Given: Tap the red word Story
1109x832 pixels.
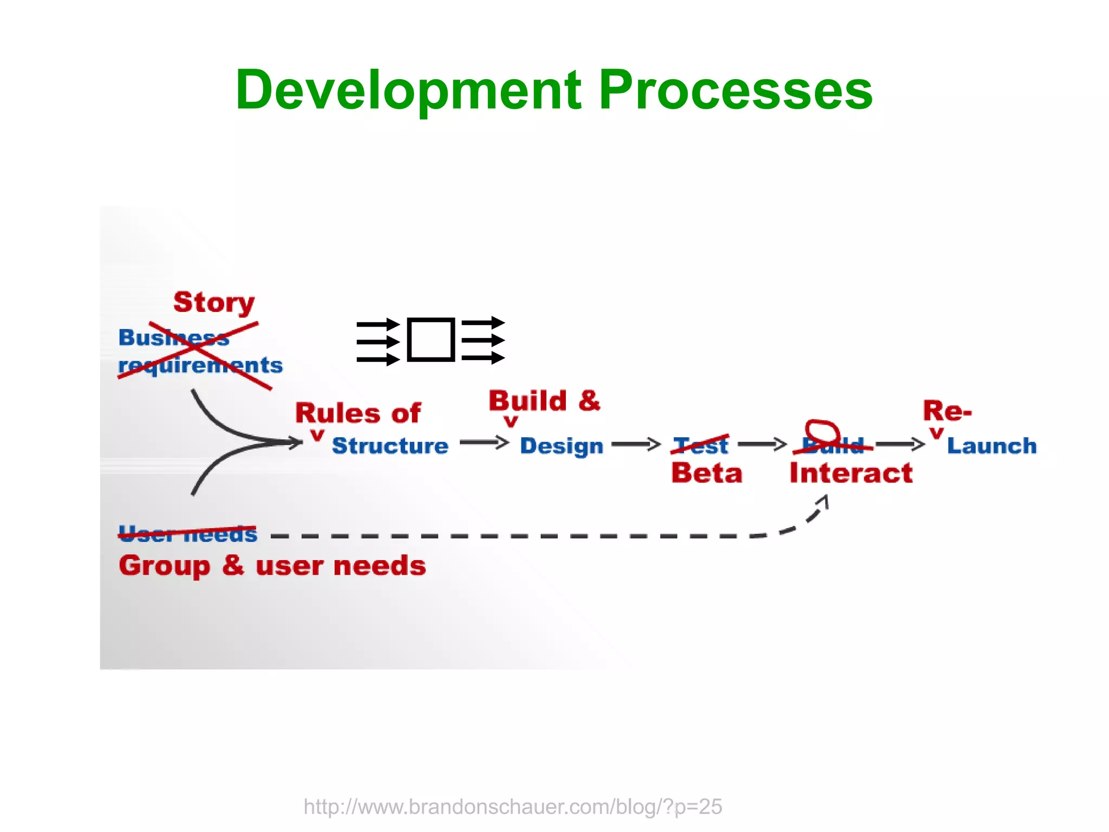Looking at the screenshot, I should point(214,302).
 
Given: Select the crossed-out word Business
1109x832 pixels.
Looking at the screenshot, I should point(173,337).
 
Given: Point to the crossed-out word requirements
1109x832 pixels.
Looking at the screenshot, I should point(200,366).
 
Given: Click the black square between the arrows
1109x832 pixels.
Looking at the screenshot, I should point(430,340).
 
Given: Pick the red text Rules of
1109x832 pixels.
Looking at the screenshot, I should point(358,413).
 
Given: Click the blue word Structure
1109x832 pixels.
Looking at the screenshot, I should point(390,446).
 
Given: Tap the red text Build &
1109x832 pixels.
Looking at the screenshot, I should point(544,401).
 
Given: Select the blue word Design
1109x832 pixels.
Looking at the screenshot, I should point(562,446).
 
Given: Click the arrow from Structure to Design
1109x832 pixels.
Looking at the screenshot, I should point(484,443).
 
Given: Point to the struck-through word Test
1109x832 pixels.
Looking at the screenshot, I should point(701,445).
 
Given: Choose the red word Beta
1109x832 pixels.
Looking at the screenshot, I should point(707,473).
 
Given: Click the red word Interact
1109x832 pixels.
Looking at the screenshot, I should point(851,473).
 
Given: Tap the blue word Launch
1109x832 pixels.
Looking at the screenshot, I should point(991,446).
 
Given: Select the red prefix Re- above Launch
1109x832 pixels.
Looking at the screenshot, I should point(947,411).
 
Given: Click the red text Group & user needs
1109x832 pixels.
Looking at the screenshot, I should point(272,566).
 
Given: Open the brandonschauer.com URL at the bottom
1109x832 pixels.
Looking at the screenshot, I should point(512,807).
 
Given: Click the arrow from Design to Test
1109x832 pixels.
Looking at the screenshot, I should point(636,445).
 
